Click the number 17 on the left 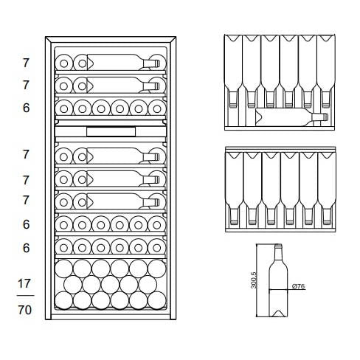(24, 283)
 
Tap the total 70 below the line (24, 310)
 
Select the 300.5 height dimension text (255, 280)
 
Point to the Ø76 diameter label (298, 286)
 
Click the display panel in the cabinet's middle (111, 131)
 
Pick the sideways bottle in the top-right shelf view (291, 117)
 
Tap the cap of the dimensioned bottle (278, 245)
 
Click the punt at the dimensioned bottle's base (278, 314)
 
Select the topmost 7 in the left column (26, 63)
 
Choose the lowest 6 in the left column (26, 248)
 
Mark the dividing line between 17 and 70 (25, 295)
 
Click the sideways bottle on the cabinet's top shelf (123, 62)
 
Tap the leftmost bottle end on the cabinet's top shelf (64, 63)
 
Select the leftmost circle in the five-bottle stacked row (73, 285)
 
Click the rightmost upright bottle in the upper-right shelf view (326, 72)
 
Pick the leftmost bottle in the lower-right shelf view (234, 188)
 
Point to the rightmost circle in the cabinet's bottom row (157, 300)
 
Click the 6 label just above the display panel (26, 108)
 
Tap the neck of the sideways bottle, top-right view (320, 117)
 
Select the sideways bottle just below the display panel (123, 156)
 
